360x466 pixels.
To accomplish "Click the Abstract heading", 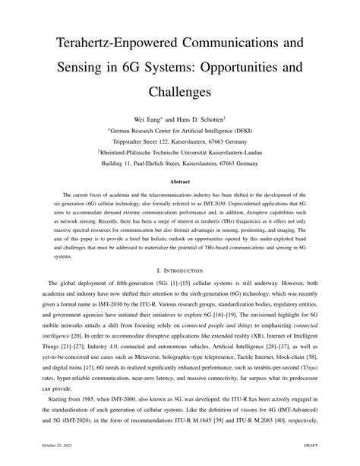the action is pos(179,182).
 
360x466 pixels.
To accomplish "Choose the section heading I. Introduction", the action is pos(179,269).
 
